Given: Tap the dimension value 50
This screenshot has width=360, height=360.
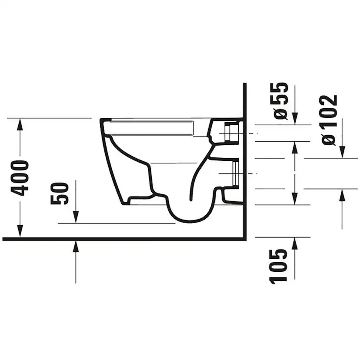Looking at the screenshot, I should pyautogui.click(x=60, y=193).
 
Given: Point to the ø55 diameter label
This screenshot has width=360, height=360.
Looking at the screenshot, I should pyautogui.click(x=281, y=100).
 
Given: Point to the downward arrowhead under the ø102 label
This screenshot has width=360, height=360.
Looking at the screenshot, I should pyautogui.click(x=342, y=152).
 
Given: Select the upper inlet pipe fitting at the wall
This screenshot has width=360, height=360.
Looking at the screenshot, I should pyautogui.click(x=230, y=132).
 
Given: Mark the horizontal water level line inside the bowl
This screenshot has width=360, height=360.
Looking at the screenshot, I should pyautogui.click(x=174, y=163).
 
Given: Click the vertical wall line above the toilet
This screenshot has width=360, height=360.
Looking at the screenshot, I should pyautogui.click(x=245, y=100).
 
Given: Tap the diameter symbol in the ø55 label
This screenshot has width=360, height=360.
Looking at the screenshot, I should pyautogui.click(x=281, y=114).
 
